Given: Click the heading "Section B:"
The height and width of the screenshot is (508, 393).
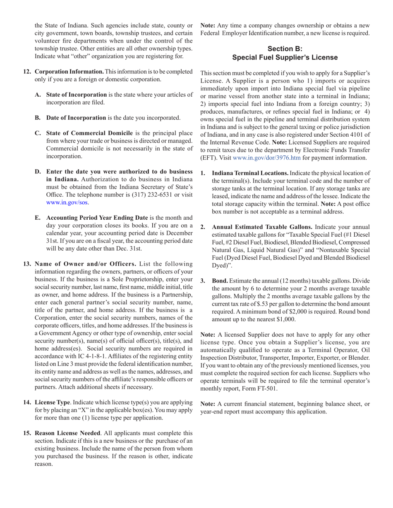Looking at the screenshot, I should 285,49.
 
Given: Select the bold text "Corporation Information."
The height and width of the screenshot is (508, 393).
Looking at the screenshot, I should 69,71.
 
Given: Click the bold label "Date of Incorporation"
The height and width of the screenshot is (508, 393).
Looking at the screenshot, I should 76,118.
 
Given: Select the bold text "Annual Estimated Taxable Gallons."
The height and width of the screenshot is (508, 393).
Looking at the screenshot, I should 262,227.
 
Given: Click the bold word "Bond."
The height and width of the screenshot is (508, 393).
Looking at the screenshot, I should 220,281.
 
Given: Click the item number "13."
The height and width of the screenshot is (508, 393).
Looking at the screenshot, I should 27,264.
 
